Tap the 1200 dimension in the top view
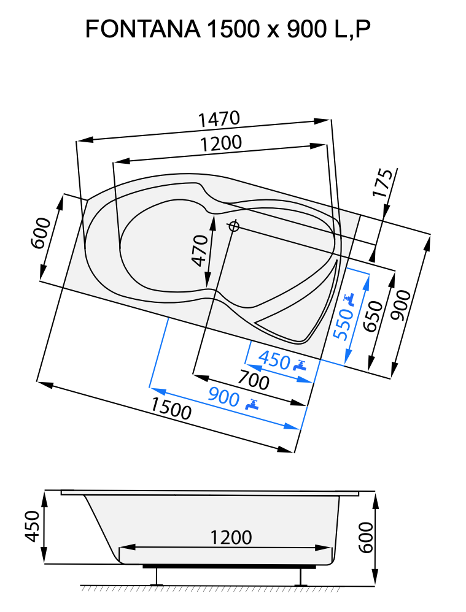tap(220, 143)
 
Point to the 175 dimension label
tap(383, 183)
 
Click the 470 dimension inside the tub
tap(200, 251)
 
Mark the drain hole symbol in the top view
tap(233, 226)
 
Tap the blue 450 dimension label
tap(274, 360)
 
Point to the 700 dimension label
tap(253, 381)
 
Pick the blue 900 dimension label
tap(223, 397)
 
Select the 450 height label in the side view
tap(33, 526)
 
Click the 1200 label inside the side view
tap(231, 538)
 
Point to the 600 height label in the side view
tap(366, 537)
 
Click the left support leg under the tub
tap(158, 576)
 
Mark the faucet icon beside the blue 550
tap(349, 299)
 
